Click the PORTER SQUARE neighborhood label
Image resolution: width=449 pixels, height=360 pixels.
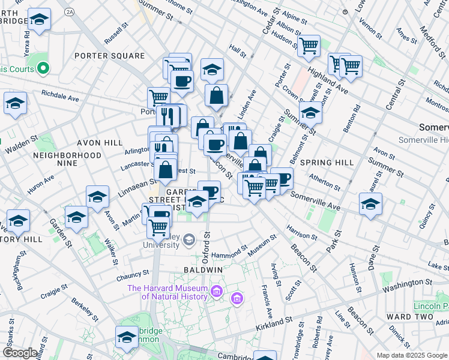pos(109,56)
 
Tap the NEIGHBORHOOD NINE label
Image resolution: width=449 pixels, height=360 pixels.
pos(67,159)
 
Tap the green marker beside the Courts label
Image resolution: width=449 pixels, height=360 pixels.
pos(43,69)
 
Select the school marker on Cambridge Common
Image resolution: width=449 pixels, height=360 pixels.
pos(127,337)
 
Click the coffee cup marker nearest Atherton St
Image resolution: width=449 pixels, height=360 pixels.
pos(281,178)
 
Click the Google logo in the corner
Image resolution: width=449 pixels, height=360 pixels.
pos(20,353)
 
